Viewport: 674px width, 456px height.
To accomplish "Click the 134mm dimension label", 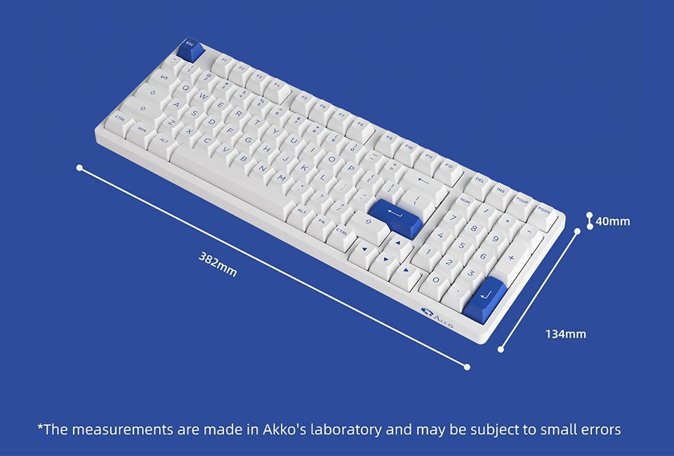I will pyautogui.click(x=565, y=334).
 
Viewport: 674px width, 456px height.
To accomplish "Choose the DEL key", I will pyautogui.click(x=480, y=182).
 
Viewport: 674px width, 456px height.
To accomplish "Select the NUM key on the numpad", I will pyautogui.click(x=465, y=203).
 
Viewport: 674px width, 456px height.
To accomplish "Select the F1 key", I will pyautogui.click(x=223, y=62).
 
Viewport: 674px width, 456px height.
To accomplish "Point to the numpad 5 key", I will pyautogui.click(x=461, y=247).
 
